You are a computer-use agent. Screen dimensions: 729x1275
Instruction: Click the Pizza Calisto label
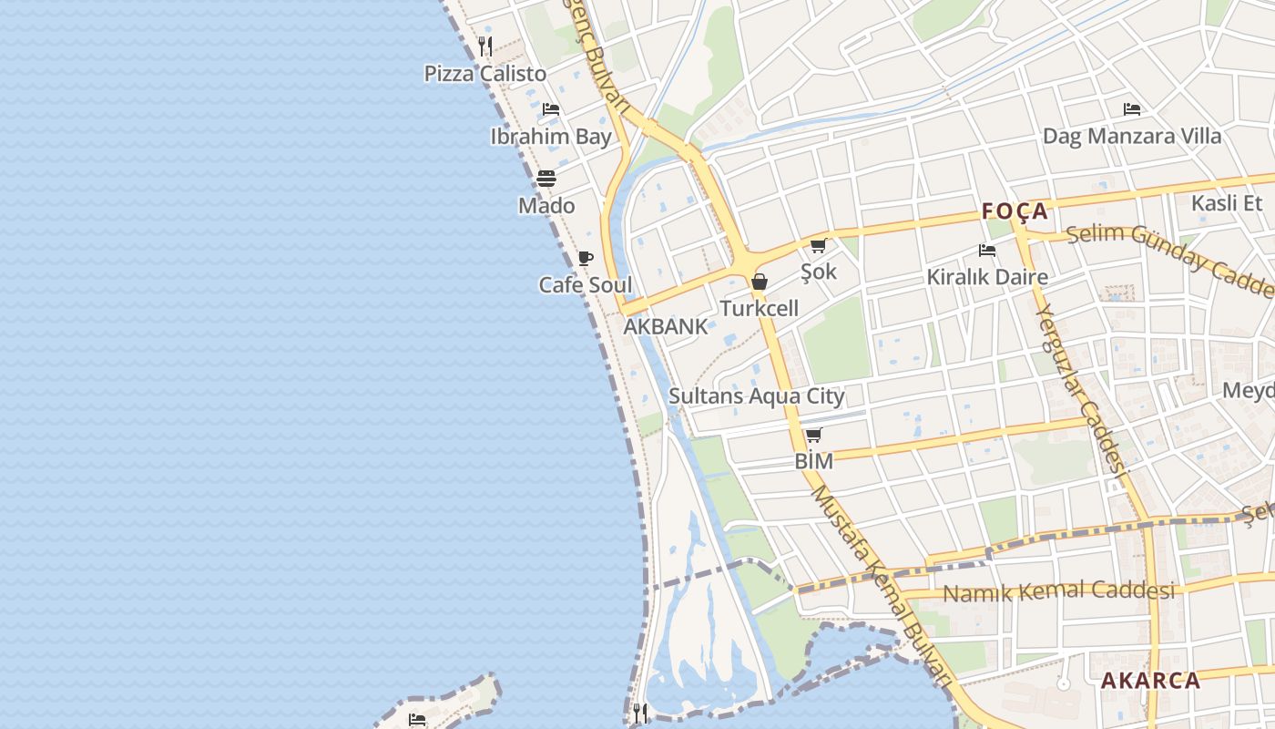[x=485, y=74]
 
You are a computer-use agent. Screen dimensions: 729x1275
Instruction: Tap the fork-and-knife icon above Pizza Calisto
[x=485, y=46]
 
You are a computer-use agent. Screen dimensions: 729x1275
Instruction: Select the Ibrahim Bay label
[x=551, y=137]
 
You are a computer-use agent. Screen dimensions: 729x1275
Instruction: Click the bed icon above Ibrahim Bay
[x=551, y=109]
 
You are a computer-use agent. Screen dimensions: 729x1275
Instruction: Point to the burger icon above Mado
[x=546, y=178]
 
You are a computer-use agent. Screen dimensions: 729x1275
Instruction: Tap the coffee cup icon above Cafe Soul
[x=586, y=258]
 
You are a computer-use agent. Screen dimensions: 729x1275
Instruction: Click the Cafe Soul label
[x=586, y=285]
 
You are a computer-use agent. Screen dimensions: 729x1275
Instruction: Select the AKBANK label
[x=665, y=327]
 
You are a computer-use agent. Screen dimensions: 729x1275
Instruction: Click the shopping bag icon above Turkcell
[x=759, y=282]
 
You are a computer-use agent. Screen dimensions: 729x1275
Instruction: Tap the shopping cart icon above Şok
[x=818, y=245]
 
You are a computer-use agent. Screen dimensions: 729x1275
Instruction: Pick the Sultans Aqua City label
[x=757, y=396]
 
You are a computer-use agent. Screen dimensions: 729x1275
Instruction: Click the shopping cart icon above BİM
[x=813, y=435]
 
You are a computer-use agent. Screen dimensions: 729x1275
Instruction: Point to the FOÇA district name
[x=1015, y=212]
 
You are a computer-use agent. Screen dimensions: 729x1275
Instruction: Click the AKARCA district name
[x=1150, y=681]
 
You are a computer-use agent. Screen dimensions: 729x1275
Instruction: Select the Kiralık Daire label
[x=987, y=277]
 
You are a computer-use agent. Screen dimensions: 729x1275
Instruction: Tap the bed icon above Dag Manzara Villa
[x=1132, y=109]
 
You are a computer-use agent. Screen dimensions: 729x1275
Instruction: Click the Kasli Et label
[x=1228, y=203]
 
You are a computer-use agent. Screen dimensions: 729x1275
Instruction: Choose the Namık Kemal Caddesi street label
[x=1058, y=591]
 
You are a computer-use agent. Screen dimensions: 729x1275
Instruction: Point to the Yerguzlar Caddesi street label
[x=1080, y=388]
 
